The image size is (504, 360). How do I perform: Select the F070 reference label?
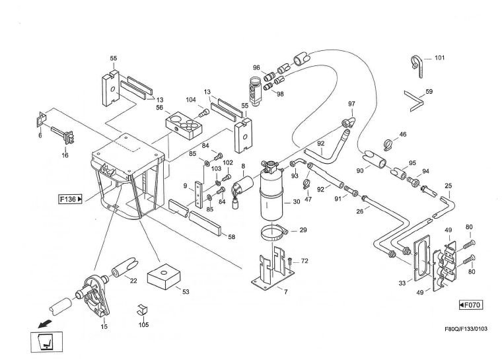pyautogui.click(x=472, y=305)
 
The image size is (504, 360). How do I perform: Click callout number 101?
pyautogui.click(x=439, y=57)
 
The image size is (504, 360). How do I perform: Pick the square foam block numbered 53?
pyautogui.click(x=161, y=279)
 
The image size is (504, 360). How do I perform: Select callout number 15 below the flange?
pyautogui.click(x=104, y=326)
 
